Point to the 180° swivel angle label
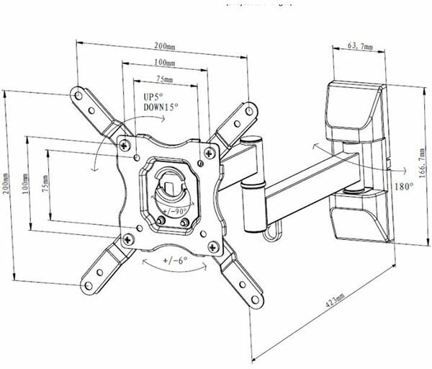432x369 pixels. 402,186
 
